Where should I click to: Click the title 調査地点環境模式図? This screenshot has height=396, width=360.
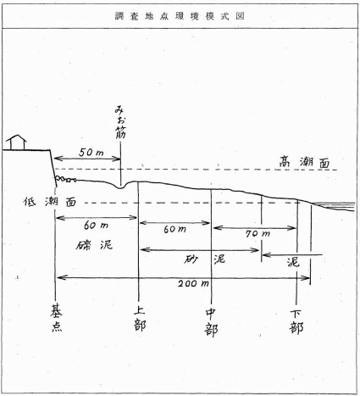(x=180, y=16)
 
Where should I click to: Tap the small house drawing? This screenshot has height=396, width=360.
(x=16, y=142)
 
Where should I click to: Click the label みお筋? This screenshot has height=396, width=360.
(x=120, y=122)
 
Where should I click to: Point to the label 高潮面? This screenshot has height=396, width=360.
(x=304, y=162)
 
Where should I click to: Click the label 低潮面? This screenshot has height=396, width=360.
(x=50, y=202)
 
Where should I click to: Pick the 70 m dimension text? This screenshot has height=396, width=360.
(x=258, y=233)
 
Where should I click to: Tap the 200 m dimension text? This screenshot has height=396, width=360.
(x=193, y=283)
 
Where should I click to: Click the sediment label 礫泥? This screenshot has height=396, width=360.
(x=94, y=245)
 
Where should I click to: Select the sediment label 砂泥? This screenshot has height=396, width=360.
(x=204, y=259)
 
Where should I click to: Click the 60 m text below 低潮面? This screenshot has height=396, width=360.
(x=96, y=226)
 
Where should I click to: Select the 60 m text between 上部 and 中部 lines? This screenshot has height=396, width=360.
(x=174, y=229)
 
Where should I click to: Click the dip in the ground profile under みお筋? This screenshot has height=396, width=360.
(x=120, y=187)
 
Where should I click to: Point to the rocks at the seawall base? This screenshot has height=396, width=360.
(x=66, y=179)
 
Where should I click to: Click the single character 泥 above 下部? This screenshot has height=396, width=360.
(x=293, y=262)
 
